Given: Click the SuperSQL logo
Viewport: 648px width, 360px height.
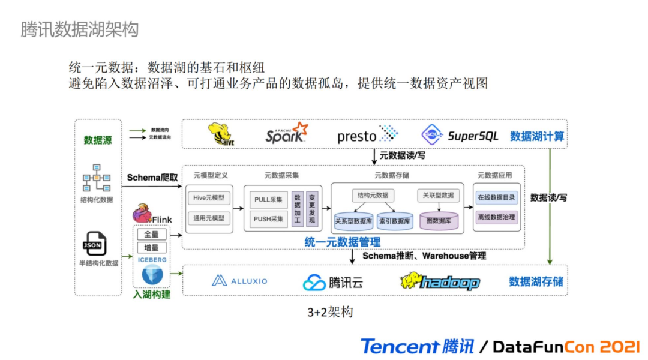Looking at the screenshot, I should click(460, 135).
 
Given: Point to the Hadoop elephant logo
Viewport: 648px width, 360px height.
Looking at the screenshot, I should click(440, 281).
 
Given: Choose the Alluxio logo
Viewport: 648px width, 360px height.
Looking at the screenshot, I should click(239, 281).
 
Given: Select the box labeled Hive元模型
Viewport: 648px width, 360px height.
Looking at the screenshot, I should click(209, 198).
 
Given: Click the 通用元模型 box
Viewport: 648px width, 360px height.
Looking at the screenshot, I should click(209, 218).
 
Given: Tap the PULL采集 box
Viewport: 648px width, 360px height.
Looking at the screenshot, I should click(268, 200).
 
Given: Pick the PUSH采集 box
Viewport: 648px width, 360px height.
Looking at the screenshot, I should click(268, 219).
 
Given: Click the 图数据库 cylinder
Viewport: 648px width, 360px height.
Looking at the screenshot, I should click(439, 221).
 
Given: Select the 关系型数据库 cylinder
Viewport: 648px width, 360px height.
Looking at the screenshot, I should click(353, 221).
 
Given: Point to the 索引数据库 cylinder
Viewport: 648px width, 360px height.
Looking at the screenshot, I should click(395, 221).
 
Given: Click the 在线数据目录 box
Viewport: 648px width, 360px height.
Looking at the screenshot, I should click(496, 197).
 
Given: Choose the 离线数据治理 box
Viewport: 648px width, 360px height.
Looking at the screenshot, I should click(496, 217).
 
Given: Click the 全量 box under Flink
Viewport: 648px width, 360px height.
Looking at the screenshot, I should click(151, 235).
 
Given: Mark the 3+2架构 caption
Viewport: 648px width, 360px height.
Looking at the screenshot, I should click(330, 313).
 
